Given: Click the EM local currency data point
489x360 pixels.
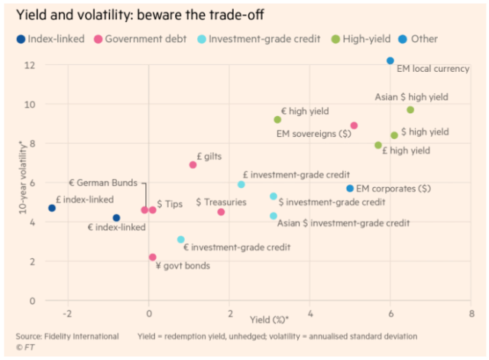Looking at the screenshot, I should pos(390,60).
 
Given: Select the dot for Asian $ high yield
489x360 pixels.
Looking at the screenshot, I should pos(410,110).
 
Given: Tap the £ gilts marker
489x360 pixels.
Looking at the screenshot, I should pos(193,165).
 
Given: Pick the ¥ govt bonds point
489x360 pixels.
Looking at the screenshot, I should pos(153,258).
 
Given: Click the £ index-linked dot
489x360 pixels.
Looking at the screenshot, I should pos(52,208).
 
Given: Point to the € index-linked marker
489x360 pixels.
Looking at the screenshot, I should pos(116,218).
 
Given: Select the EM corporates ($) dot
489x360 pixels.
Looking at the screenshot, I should pos(350,188).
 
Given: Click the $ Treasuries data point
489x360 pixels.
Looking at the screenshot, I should pos(221,212).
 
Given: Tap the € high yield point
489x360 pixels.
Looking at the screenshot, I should pos(277,119).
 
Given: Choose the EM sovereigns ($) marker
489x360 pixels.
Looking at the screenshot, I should pos(354,125).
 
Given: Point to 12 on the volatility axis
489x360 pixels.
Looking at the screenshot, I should pos(29,64).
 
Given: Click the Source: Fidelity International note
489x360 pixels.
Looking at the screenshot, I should pos(67,336).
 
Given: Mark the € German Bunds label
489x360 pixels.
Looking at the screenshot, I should pos(103,183).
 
